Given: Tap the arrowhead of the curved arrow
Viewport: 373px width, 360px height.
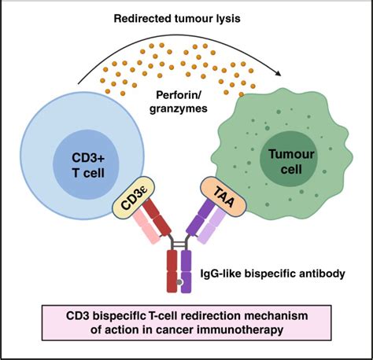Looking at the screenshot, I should [x=281, y=73].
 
